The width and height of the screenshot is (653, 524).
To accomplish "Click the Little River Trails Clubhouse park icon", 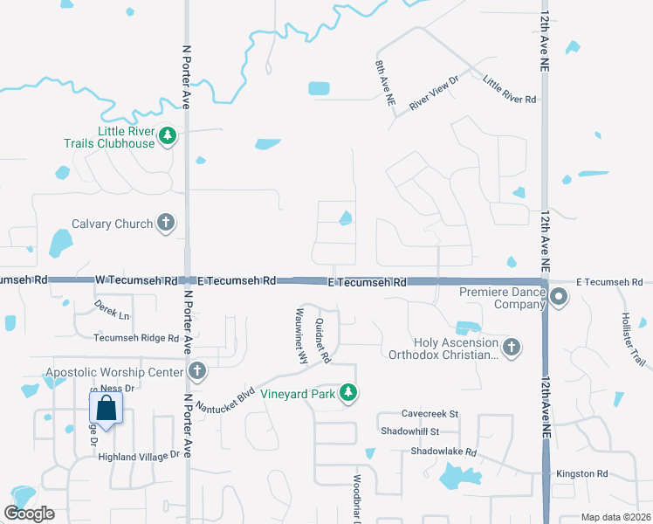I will (x=168, y=135).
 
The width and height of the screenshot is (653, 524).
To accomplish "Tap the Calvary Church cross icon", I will (x=165, y=224).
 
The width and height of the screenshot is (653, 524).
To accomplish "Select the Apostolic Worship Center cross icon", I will (x=197, y=372).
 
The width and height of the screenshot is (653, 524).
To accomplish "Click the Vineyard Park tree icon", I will (x=348, y=394).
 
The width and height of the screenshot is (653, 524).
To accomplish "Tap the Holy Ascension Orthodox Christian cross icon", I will (x=512, y=348).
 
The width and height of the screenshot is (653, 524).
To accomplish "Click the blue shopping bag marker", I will (x=106, y=407).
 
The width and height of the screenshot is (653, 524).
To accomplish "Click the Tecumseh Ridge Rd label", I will (x=136, y=338).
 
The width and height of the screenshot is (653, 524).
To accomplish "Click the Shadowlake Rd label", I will (x=444, y=452).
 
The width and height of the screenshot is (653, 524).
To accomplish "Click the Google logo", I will (x=30, y=514).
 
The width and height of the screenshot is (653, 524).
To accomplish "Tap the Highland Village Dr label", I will (x=138, y=455).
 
